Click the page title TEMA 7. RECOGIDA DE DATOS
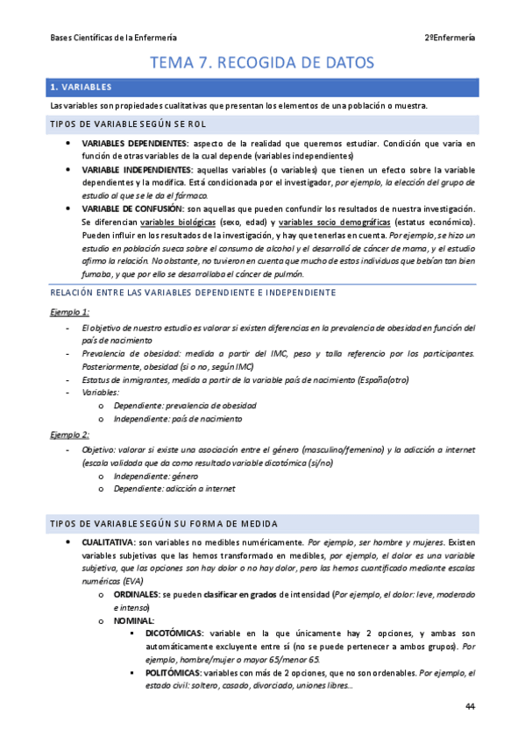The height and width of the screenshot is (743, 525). pyautogui.click(x=262, y=63)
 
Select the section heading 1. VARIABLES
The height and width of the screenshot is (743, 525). pyautogui.click(x=82, y=88)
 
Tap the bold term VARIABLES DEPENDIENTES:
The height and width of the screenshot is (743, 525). pyautogui.click(x=134, y=143)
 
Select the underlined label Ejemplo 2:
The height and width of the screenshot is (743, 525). pyautogui.click(x=70, y=435)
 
